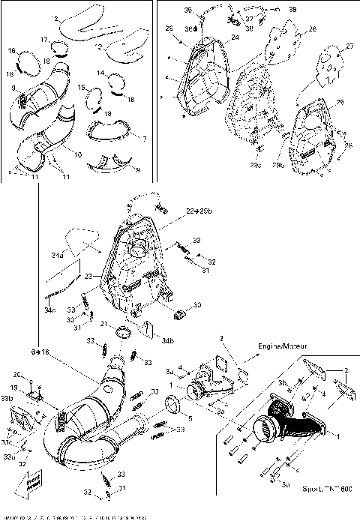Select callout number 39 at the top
tap(292, 10)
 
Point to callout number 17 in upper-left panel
tap(44, 40)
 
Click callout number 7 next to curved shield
tap(134, 139)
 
